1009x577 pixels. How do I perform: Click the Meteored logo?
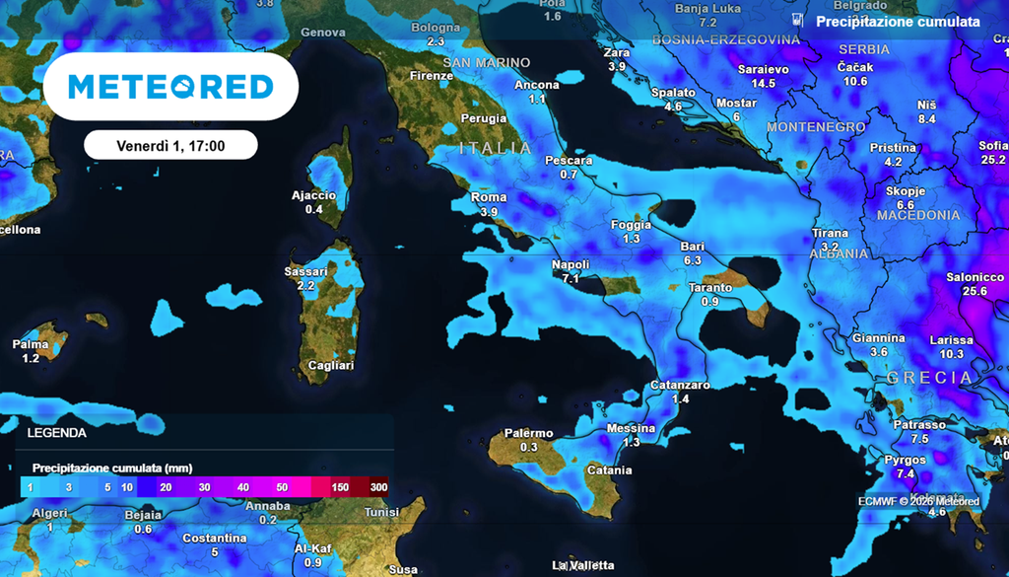click(170, 87)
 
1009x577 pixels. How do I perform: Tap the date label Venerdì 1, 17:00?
click(170, 146)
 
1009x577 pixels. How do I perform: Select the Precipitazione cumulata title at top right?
click(898, 21)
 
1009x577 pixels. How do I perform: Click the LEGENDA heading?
click(56, 432)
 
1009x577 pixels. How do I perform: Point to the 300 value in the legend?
click(378, 487)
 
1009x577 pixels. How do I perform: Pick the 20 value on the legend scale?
click(166, 487)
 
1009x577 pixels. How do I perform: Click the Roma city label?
click(489, 197)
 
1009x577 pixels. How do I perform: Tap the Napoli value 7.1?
click(571, 278)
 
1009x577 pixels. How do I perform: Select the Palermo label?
click(528, 433)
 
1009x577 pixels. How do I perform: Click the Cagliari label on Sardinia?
click(331, 365)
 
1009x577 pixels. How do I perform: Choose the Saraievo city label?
click(764, 70)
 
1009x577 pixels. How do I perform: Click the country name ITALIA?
click(496, 148)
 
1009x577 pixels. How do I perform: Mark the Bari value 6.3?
click(692, 260)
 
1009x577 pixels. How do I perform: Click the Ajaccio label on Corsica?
click(314, 195)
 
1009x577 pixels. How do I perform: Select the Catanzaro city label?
click(680, 385)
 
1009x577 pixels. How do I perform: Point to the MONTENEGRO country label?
click(815, 127)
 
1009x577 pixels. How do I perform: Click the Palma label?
click(30, 344)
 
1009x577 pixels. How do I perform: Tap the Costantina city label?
click(214, 538)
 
